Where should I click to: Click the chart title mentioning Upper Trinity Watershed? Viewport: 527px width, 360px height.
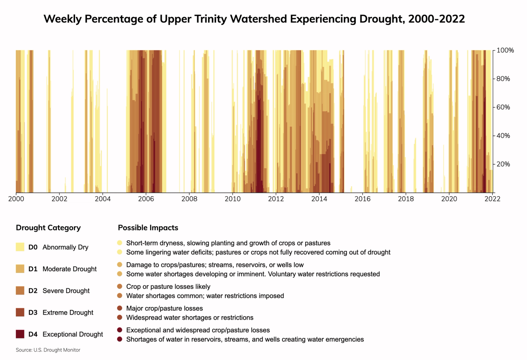click(x=254, y=19)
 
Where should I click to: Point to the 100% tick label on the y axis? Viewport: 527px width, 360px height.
click(x=505, y=50)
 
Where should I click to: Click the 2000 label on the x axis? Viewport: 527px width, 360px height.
click(x=16, y=199)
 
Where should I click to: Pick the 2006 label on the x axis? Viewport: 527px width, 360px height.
click(x=146, y=199)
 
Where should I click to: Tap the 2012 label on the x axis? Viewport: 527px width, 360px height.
click(x=276, y=199)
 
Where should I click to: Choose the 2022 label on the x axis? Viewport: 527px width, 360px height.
click(x=492, y=199)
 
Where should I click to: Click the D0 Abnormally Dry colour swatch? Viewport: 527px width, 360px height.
click(x=20, y=247)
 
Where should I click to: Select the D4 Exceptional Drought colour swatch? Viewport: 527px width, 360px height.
click(x=20, y=334)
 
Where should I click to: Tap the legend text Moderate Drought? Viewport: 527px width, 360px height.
click(x=69, y=269)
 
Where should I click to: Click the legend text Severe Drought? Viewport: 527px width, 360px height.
click(x=66, y=291)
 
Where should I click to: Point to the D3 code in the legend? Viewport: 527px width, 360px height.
click(x=33, y=313)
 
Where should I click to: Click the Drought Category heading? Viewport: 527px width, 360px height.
click(x=48, y=228)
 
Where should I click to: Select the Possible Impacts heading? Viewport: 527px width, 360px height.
click(x=148, y=228)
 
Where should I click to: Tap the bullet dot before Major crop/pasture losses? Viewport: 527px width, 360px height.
click(x=120, y=308)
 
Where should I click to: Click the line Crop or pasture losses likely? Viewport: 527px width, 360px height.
click(x=168, y=286)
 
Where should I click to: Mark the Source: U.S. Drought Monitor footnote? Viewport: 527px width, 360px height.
click(x=48, y=350)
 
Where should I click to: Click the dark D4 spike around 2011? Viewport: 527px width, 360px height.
click(x=259, y=148)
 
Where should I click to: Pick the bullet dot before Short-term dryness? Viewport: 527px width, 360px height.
click(x=120, y=243)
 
